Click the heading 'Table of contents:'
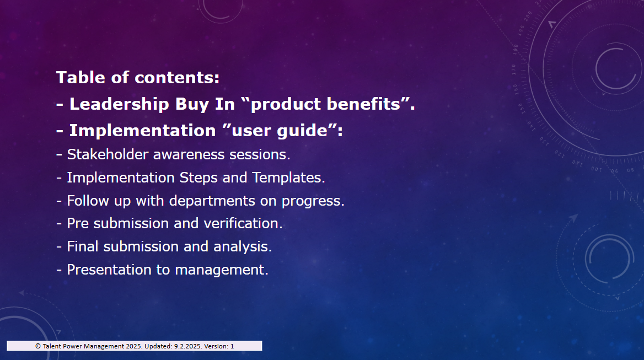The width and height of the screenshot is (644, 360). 138,78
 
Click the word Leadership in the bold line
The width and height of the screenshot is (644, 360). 119,104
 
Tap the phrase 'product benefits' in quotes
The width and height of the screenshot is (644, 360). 325,104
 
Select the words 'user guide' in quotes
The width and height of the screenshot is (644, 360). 280,131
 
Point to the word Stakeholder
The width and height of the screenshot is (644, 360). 108,154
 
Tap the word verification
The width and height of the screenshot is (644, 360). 241,223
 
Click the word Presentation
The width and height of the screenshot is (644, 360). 109,270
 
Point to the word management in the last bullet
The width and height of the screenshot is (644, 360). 220,270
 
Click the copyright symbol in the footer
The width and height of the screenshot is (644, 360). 38,346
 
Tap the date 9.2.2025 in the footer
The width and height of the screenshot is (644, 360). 187,346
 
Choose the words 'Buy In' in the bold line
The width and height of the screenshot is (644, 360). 205,104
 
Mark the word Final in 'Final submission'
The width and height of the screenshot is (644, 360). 83,246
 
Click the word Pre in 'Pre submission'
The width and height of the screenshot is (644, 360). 78,223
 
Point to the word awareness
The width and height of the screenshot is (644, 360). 189,155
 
